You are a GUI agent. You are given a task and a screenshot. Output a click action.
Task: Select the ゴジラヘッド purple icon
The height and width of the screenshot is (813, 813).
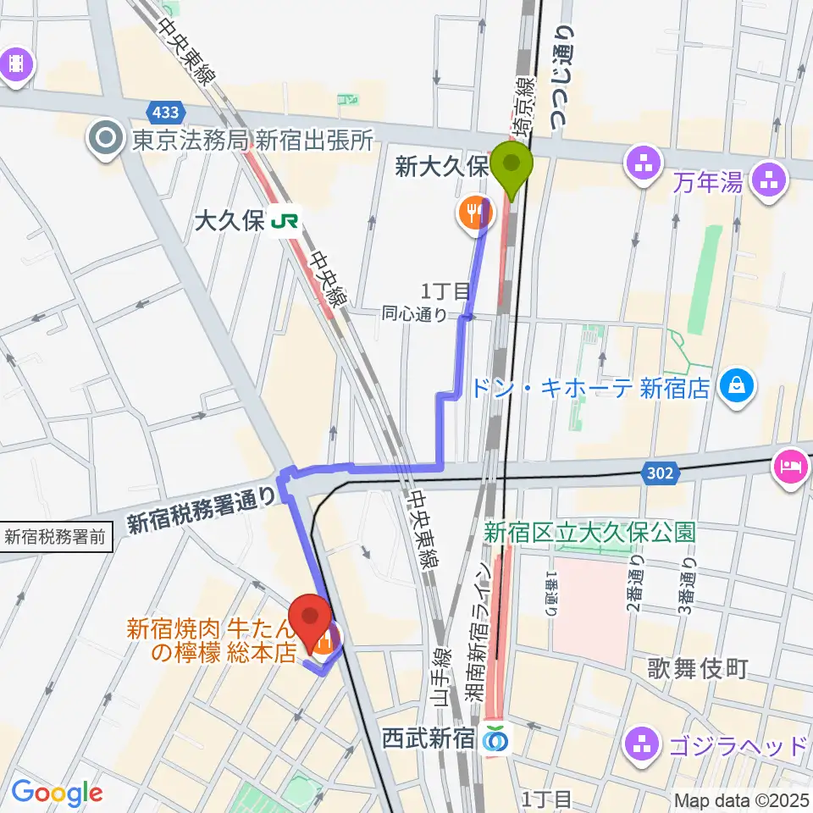pos(641,745)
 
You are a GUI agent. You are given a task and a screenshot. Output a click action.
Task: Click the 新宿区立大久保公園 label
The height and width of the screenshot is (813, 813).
pos(589,532)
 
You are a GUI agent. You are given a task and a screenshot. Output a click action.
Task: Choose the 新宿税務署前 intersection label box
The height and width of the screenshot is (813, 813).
pos(56,536)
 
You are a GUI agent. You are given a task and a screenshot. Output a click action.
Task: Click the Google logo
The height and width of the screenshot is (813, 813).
pos(57,793)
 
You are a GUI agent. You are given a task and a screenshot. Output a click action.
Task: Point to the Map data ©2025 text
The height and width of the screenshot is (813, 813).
pos(742,799)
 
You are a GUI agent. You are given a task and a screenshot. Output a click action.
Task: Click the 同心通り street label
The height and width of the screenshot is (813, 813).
pos(414,315)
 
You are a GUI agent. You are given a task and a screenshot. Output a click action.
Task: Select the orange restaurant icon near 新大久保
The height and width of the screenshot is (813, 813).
pos(472,212)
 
